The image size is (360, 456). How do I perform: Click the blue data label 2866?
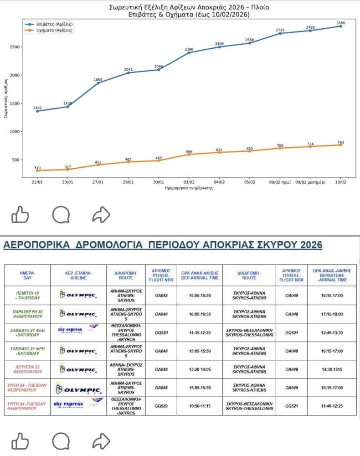(x=340, y=22)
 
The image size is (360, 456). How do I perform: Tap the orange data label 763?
(x=340, y=141)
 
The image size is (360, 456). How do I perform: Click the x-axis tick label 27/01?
(x=98, y=181)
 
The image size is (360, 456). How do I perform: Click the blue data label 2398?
(x=189, y=49)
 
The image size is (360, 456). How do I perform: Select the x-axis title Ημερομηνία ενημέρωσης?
(x=189, y=188)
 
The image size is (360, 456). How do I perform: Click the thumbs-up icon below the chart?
(x=20, y=214)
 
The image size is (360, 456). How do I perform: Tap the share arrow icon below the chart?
(x=101, y=214)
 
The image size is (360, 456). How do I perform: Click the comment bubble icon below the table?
(x=61, y=441)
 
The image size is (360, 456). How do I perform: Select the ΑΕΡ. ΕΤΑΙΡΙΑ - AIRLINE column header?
(x=78, y=275)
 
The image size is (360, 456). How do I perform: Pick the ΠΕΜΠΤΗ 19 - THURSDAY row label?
(x=27, y=295)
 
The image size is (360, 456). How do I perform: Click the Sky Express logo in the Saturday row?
(x=78, y=330)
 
